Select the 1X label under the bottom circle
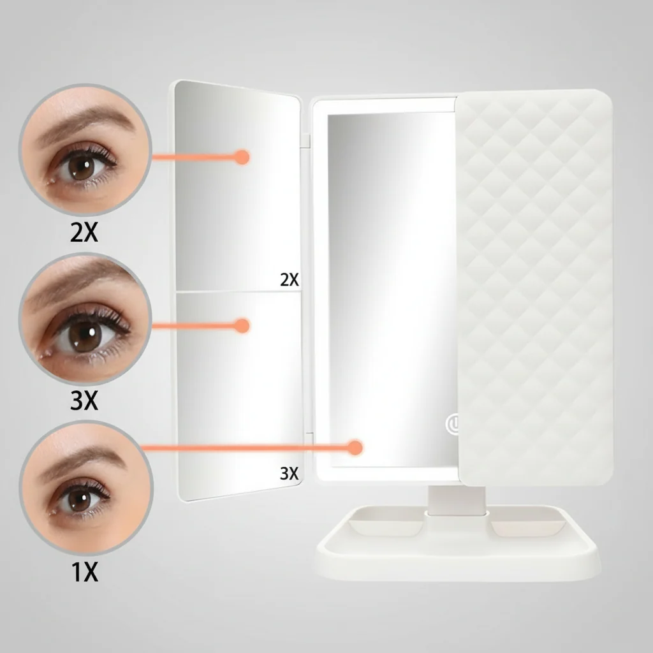tap(84, 572)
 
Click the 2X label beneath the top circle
tap(84, 233)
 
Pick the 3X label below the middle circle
tap(84, 401)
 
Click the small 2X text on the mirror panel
tap(290, 279)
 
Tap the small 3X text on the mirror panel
tap(290, 473)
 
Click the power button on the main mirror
tap(453, 423)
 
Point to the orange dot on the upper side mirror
tap(241, 156)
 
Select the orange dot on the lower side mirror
tap(241, 326)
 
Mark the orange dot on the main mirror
tap(355, 448)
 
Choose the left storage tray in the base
tap(386, 526)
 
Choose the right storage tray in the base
tap(526, 526)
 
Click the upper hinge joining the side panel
tap(306, 139)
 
